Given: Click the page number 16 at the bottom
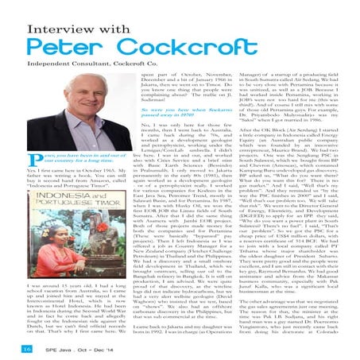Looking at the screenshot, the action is (15, 347).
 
